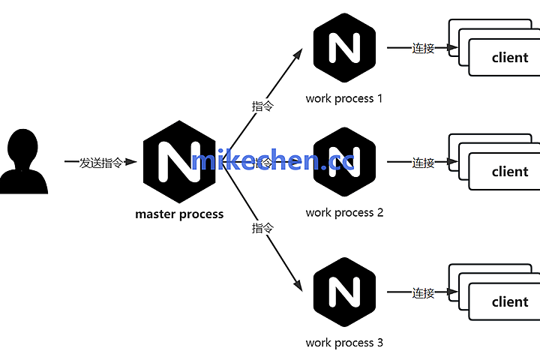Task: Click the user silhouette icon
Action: (x=23, y=162)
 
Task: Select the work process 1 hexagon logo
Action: (x=344, y=48)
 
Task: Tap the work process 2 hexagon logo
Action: (x=344, y=162)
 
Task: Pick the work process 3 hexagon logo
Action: (x=344, y=292)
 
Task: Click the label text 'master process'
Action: (x=179, y=214)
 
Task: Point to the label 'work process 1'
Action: (x=344, y=98)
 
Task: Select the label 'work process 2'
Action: (x=344, y=213)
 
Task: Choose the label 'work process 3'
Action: (x=344, y=343)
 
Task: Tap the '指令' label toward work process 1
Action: (x=262, y=106)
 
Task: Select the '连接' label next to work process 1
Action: (x=423, y=48)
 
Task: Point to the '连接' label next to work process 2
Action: (x=423, y=162)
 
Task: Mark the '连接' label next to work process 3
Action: (x=423, y=292)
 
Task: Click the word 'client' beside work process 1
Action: (x=510, y=58)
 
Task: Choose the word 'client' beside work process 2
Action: (x=510, y=172)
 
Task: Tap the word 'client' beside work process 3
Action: (x=510, y=302)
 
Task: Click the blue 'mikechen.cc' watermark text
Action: (x=273, y=160)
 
